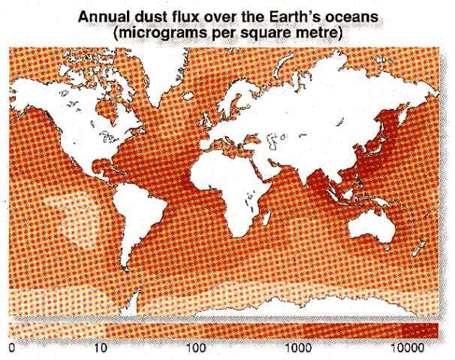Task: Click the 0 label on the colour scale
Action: coord(11,349)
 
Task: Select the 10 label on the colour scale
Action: coord(104,349)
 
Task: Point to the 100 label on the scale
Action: coord(196,349)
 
